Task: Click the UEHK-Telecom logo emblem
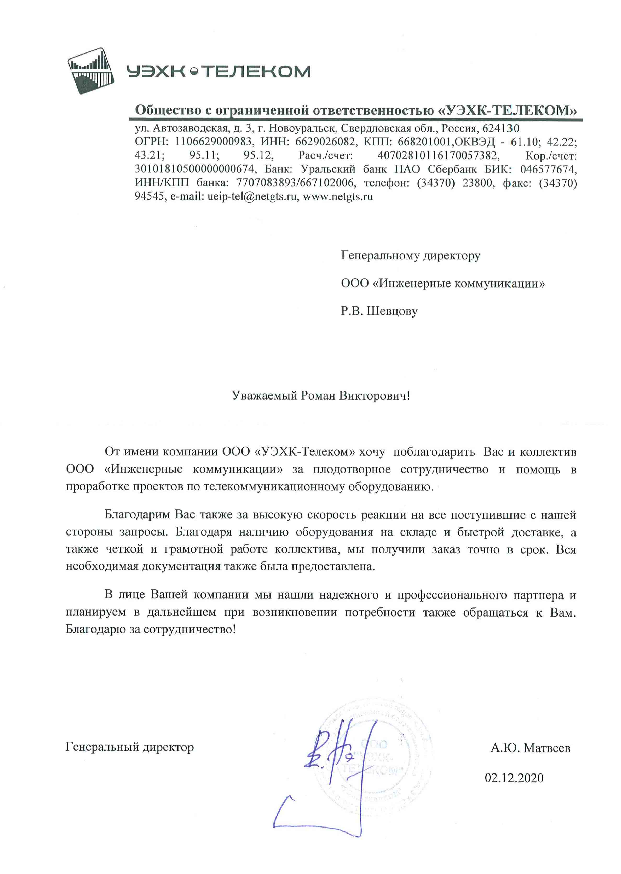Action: tap(91, 71)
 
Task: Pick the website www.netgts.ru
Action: tap(338, 197)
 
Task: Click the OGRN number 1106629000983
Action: tap(213, 142)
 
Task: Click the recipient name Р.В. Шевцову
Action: tap(379, 311)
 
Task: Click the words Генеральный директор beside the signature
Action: tap(130, 747)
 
